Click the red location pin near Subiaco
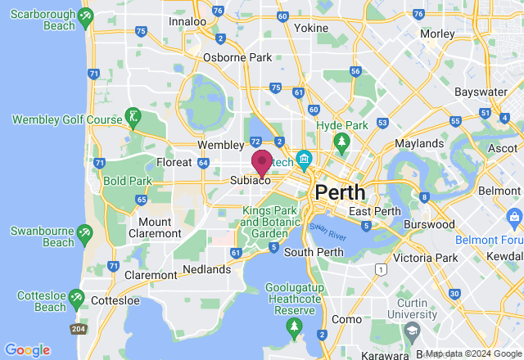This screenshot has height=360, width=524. [x=262, y=162]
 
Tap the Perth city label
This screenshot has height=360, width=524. [x=340, y=192]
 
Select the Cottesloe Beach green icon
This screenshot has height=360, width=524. [x=76, y=297]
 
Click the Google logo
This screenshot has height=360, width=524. [x=27, y=350]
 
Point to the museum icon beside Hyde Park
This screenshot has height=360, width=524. [x=305, y=158]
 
